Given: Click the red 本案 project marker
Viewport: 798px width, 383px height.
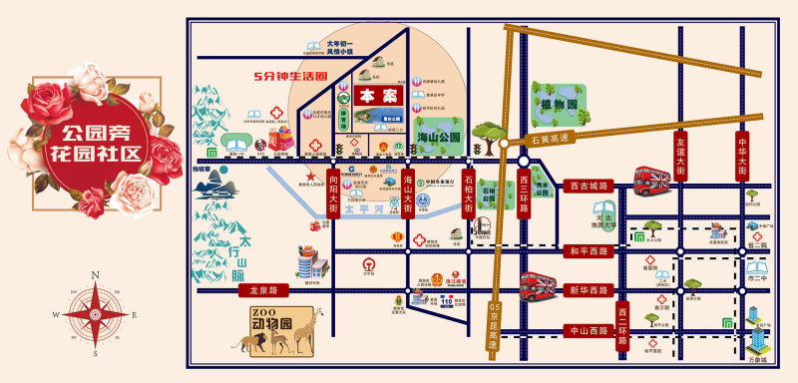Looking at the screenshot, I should point(371,98).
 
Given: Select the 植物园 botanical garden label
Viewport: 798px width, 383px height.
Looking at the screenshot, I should point(562,104).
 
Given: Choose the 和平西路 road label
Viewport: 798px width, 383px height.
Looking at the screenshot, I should point(587,251).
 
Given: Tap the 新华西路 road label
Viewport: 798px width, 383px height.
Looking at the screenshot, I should point(587,290).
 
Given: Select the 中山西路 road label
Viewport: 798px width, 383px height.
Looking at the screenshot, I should point(587,329).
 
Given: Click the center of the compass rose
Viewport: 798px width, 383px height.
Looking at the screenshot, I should point(94,313).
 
